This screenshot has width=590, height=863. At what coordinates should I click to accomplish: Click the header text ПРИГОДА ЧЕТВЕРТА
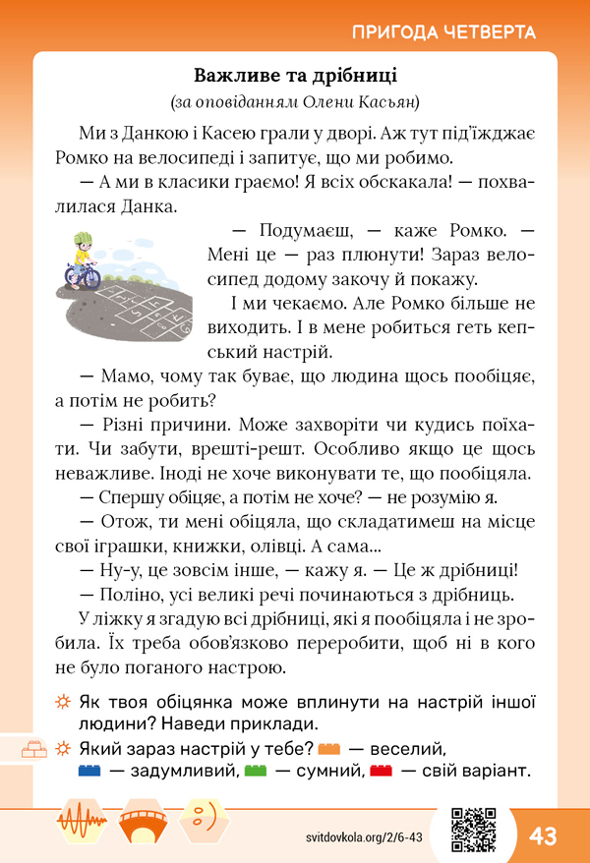442,31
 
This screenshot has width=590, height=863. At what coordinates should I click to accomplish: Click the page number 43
543,835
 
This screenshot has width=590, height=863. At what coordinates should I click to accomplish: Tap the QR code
472,829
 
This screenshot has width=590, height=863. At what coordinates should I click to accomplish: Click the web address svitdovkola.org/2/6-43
363,835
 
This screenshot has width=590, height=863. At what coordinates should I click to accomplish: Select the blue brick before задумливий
88,772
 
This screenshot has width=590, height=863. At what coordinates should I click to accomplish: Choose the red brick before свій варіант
381,772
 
